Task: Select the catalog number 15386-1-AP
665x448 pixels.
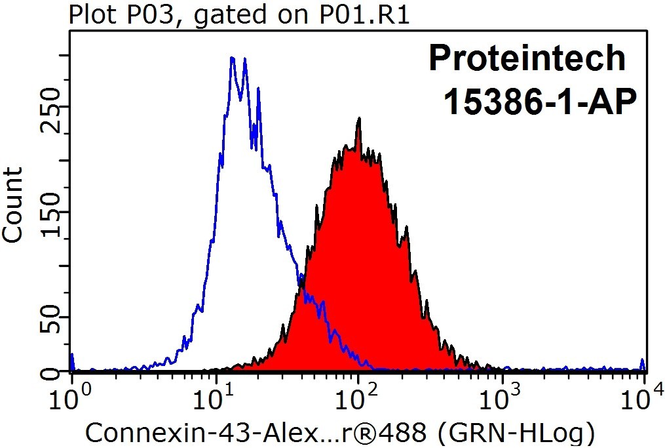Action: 540,102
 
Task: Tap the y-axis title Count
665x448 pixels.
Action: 12,205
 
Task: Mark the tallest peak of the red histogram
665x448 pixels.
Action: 359,119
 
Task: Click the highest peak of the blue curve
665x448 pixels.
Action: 232,58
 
